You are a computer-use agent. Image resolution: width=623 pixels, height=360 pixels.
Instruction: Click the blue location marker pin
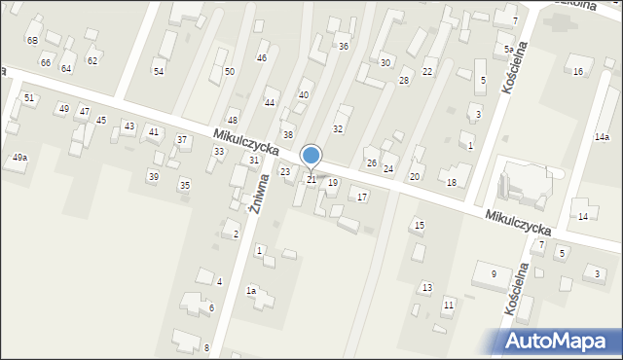pyautogui.click(x=311, y=155)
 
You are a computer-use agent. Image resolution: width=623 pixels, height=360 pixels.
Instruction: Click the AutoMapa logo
pyautogui.click(x=560, y=341)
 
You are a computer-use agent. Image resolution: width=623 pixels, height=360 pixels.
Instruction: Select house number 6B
pyautogui.click(x=32, y=40)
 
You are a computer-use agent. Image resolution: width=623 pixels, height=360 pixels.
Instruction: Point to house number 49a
pyautogui.click(x=19, y=158)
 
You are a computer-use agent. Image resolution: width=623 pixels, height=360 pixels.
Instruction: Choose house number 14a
pyautogui.click(x=602, y=137)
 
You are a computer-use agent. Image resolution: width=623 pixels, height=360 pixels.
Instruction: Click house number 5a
pyautogui.click(x=508, y=49)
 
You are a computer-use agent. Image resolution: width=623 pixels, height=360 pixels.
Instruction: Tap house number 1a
pyautogui.click(x=250, y=291)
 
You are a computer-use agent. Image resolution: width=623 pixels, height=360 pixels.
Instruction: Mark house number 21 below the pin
pyautogui.click(x=311, y=180)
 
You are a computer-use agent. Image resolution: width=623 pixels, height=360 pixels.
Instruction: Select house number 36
pyautogui.click(x=344, y=47)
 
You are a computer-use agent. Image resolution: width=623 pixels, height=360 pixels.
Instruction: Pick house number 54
pyautogui.click(x=159, y=72)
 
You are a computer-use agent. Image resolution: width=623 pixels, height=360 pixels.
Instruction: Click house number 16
pyautogui.click(x=578, y=72)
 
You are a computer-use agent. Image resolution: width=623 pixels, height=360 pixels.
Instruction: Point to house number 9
pyautogui.click(x=494, y=274)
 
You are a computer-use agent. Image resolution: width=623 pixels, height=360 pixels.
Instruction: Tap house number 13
pyautogui.click(x=426, y=287)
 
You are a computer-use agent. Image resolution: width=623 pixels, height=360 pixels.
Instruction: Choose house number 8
pyautogui.click(x=206, y=348)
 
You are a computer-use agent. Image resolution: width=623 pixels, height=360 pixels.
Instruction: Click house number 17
pyautogui.click(x=362, y=198)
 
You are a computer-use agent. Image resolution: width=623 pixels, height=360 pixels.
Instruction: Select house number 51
pyautogui.click(x=29, y=98)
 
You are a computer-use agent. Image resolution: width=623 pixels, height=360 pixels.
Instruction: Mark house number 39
pyautogui.click(x=153, y=176)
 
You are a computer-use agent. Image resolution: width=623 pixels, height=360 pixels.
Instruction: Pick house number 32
pyautogui.click(x=338, y=128)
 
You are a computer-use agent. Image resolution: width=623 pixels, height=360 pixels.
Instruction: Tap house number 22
pyautogui.click(x=427, y=73)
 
